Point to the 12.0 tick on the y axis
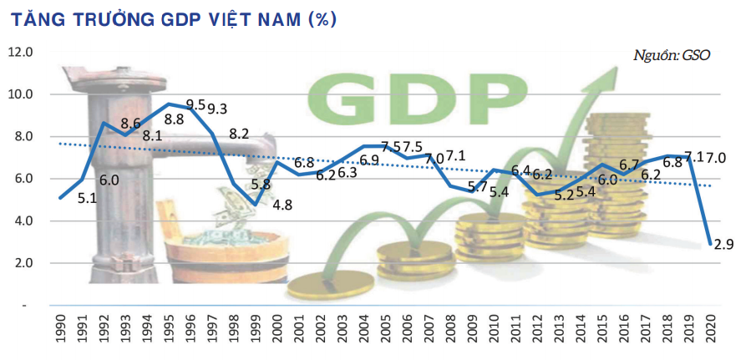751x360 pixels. pos(20,52)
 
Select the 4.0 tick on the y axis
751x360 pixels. pos(20,221)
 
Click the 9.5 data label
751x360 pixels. pos(195,105)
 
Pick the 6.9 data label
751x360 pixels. pos(370,159)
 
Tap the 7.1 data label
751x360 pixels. pos(456,155)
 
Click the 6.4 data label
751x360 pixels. pos(520,170)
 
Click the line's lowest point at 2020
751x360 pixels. pos(710,244)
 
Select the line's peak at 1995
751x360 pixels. pos(169,104)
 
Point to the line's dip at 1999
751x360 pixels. pos(256,204)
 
